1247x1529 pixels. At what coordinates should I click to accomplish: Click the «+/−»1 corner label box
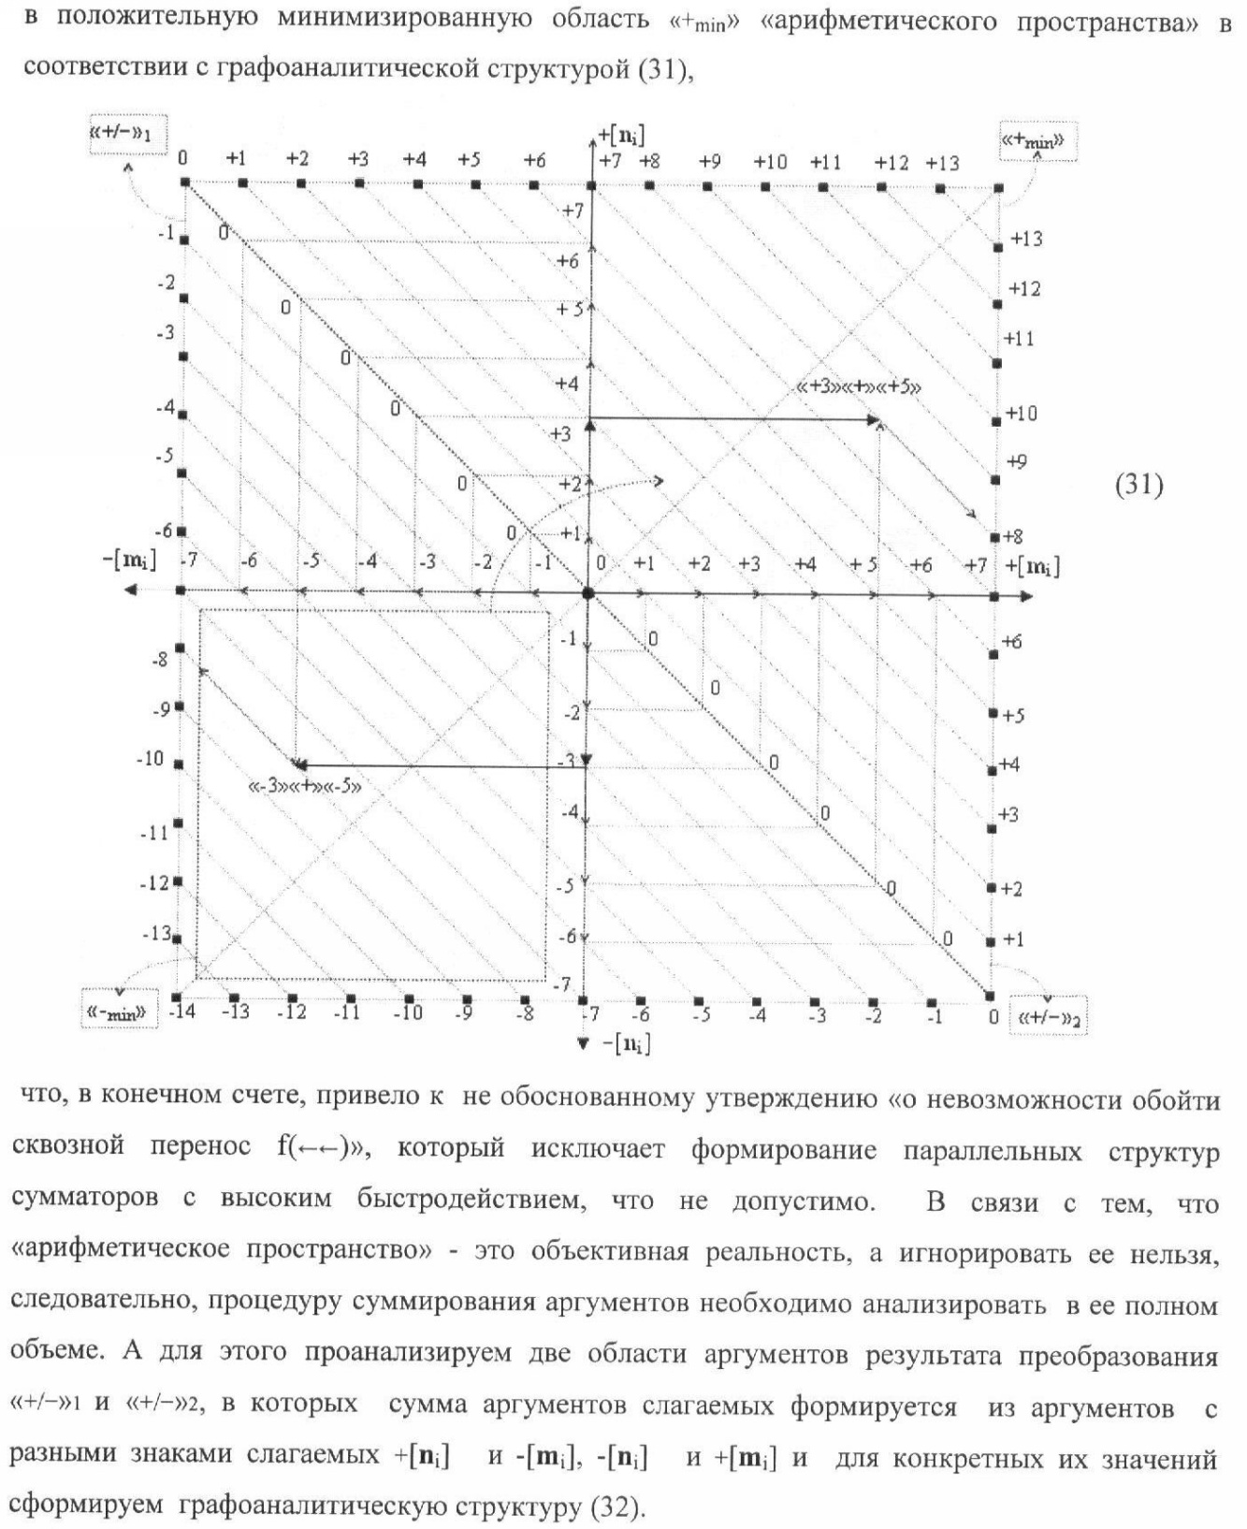pos(122,135)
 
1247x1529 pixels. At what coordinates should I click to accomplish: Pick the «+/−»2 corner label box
pos(1049,1018)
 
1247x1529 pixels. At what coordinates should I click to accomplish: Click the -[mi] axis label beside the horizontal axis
pos(129,561)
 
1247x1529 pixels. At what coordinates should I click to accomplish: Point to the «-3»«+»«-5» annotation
pos(305,786)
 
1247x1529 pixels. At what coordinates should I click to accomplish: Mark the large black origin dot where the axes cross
pos(587,592)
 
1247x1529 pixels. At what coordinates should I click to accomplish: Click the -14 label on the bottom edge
pos(182,1012)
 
